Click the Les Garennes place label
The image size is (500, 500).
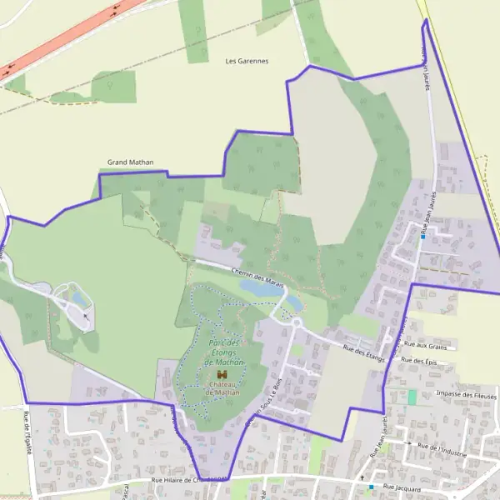point(247,61)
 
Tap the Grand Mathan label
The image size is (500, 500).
point(130,162)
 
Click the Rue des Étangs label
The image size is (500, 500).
point(362,350)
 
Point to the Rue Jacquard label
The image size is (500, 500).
point(402,486)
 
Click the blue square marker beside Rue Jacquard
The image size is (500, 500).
point(372,487)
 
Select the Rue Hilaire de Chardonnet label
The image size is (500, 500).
point(188,481)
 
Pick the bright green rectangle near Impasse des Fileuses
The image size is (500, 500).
point(411,397)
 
